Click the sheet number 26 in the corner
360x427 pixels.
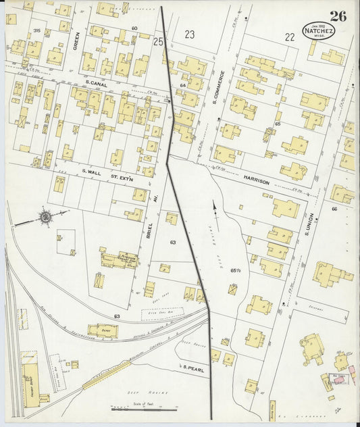[x=338, y=16]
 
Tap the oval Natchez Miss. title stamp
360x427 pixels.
[x=318, y=31]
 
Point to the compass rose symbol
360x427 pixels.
[x=45, y=217]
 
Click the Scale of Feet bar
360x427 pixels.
[x=144, y=407]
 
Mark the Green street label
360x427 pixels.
[x=76, y=41]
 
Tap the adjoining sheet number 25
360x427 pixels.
[x=159, y=42]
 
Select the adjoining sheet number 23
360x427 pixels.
[x=190, y=34]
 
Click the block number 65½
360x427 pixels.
[x=236, y=270]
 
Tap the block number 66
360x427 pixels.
[x=334, y=209]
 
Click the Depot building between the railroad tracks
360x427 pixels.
[x=103, y=330]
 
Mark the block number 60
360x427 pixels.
[x=134, y=28]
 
